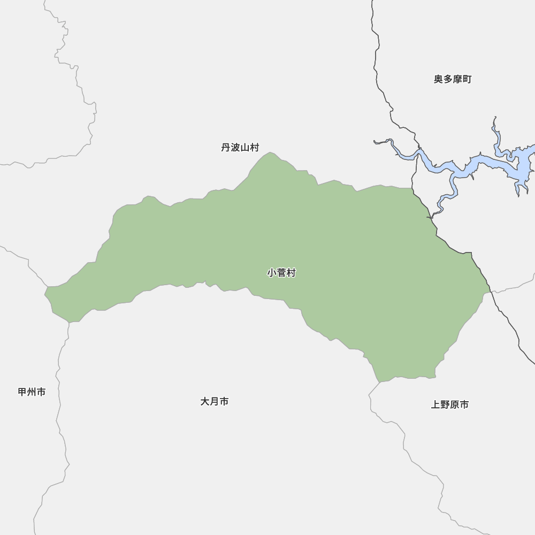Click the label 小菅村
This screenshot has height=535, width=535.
(x=281, y=273)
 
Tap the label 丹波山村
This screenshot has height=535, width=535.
(x=240, y=148)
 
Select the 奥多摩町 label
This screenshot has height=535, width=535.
(x=453, y=79)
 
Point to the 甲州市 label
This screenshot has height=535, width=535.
(x=32, y=392)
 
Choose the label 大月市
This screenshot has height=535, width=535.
(x=215, y=401)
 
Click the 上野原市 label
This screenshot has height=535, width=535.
(x=450, y=405)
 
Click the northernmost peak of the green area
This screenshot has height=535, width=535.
(x=271, y=154)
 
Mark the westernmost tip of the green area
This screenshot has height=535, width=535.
(x=46, y=291)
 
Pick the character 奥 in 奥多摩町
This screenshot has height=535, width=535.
(x=439, y=79)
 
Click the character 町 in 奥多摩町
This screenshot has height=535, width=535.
(x=467, y=79)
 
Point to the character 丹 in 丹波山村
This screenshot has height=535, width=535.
(x=226, y=148)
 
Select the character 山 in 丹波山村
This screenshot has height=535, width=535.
(x=245, y=148)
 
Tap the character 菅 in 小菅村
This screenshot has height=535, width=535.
(x=281, y=273)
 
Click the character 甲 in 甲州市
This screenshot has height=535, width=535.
(x=22, y=392)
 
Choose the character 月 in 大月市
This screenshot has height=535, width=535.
(x=215, y=401)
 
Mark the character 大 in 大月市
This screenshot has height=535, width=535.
(x=205, y=401)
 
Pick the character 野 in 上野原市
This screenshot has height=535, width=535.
(x=445, y=405)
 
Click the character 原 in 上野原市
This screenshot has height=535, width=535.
(x=455, y=405)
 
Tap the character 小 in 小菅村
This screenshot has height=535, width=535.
(x=272, y=273)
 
